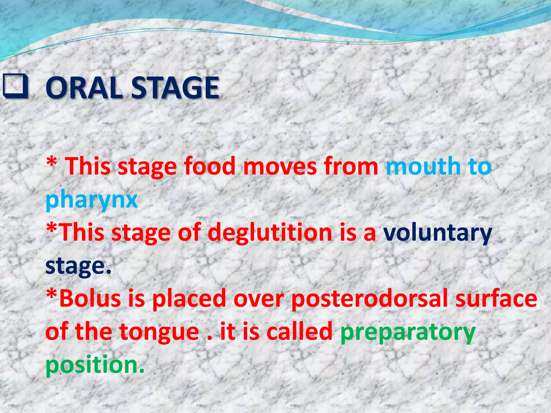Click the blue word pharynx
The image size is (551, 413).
click(x=91, y=200)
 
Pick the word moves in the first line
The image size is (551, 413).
click(x=280, y=166)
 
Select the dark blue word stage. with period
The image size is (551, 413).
click(x=78, y=266)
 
